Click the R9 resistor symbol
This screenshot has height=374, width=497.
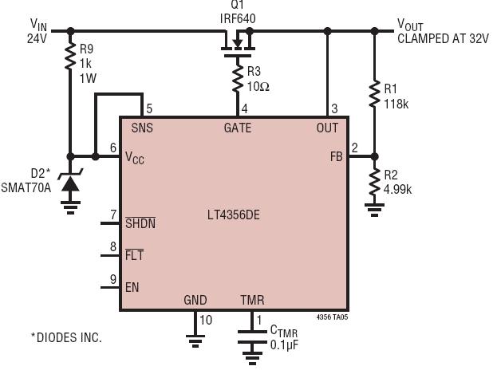(70, 56)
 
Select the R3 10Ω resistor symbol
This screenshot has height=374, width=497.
(238, 79)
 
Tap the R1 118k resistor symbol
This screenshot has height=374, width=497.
(374, 93)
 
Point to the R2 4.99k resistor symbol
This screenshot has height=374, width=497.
(374, 181)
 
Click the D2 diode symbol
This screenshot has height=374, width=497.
(70, 182)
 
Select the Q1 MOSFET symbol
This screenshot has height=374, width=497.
(238, 43)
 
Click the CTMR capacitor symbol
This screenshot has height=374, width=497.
(252, 337)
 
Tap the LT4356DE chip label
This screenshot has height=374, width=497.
(234, 215)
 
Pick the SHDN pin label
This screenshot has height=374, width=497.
(140, 223)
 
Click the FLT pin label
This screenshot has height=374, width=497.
(134, 255)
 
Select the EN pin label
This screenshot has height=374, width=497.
(132, 287)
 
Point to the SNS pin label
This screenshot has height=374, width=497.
(142, 128)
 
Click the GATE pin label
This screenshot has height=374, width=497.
(238, 128)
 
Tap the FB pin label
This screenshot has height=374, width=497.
(337, 156)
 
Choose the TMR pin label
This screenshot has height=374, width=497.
(252, 300)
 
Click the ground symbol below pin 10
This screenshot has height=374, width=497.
(195, 341)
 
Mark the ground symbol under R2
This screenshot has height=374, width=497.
(374, 210)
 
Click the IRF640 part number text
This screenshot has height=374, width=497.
(238, 18)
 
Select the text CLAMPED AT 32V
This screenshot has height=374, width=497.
(443, 38)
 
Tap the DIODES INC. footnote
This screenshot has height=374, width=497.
(66, 337)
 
